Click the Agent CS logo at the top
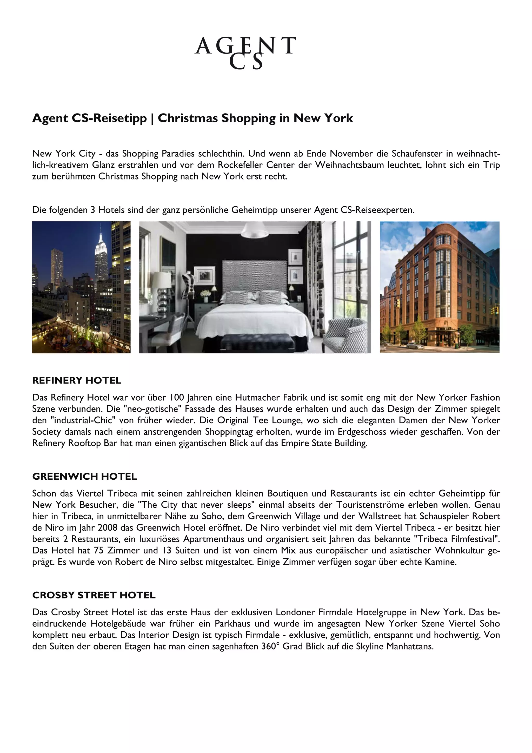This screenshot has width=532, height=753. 245,52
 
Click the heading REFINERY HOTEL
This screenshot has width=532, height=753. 77,380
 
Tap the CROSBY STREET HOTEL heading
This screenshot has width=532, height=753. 94,595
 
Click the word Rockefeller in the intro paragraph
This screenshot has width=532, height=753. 240,165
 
